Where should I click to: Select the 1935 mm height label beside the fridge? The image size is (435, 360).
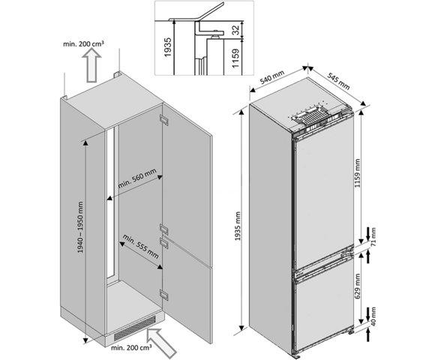tap(239, 221)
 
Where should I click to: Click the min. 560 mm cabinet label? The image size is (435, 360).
tap(137, 178)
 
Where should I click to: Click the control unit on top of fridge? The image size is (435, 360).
tap(309, 117)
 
